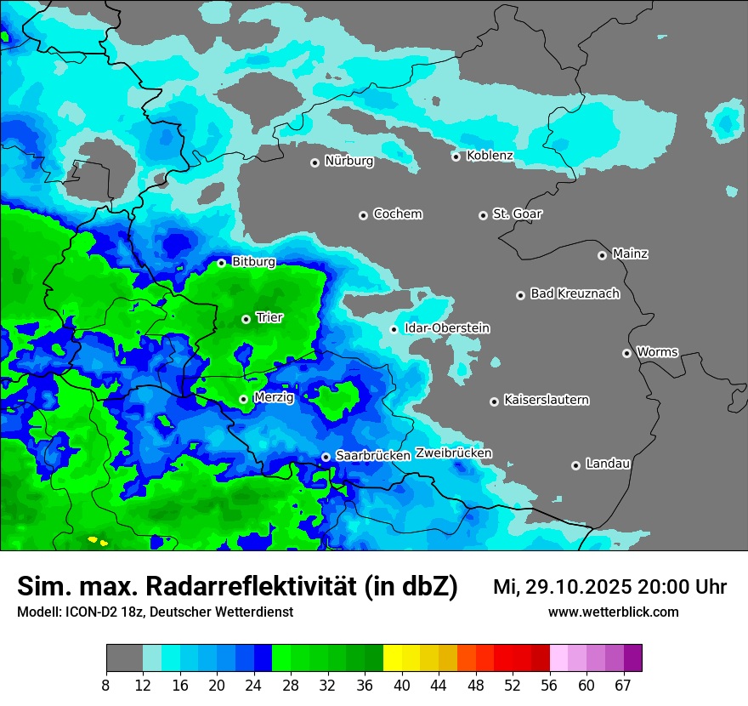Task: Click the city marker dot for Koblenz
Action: click(x=456, y=157)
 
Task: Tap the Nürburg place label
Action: click(x=348, y=161)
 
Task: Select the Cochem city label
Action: click(x=397, y=214)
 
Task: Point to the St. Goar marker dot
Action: click(x=483, y=215)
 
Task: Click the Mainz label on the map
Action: click(x=630, y=254)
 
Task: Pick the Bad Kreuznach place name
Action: click(x=575, y=294)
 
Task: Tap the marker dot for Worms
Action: click(x=626, y=353)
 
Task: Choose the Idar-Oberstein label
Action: click(x=446, y=328)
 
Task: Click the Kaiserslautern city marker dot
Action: click(x=494, y=401)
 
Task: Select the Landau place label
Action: click(x=608, y=464)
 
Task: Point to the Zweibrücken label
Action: click(x=453, y=453)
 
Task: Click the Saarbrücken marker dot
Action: click(x=326, y=457)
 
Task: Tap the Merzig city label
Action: click(x=274, y=398)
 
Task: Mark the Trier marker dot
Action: click(x=246, y=319)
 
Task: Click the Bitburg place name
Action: click(x=253, y=262)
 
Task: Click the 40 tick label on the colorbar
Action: click(x=402, y=686)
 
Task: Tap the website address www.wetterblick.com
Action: click(x=613, y=612)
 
